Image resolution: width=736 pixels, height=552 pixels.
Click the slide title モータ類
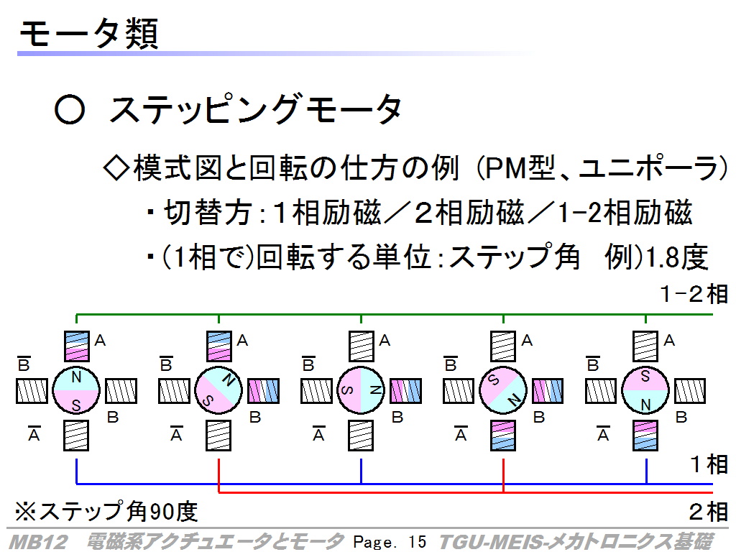88,34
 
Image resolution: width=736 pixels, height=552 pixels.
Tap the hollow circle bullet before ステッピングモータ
70,109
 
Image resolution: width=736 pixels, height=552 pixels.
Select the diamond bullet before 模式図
116,167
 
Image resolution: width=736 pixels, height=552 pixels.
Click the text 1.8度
677,257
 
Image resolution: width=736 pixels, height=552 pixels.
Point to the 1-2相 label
694,294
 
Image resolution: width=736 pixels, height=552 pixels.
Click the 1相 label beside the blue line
709,464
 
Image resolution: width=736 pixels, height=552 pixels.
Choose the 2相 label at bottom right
708,511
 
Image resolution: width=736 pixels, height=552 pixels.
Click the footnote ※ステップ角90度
106,511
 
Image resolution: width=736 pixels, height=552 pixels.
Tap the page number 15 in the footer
417,542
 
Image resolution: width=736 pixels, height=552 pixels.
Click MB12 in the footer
38,542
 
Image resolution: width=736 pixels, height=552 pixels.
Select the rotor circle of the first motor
76,390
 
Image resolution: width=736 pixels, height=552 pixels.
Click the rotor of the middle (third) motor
361,390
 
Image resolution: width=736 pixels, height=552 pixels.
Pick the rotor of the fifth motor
645,390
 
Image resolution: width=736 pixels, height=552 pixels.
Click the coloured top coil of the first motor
76,346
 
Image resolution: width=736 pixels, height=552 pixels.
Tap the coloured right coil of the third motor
406,391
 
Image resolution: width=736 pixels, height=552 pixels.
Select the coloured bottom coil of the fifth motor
645,435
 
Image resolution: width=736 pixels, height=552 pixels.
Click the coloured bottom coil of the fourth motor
503,435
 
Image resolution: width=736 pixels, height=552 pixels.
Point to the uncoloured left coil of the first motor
32,391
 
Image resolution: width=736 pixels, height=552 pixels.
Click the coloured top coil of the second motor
218,346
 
